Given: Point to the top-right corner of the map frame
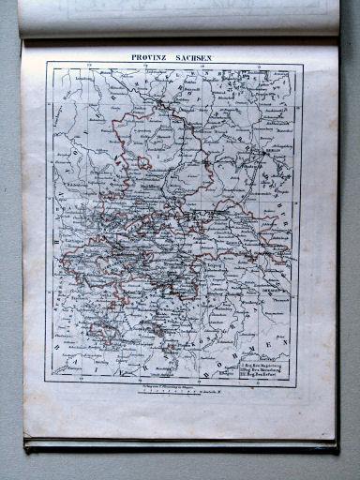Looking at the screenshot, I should tap(302, 64).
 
